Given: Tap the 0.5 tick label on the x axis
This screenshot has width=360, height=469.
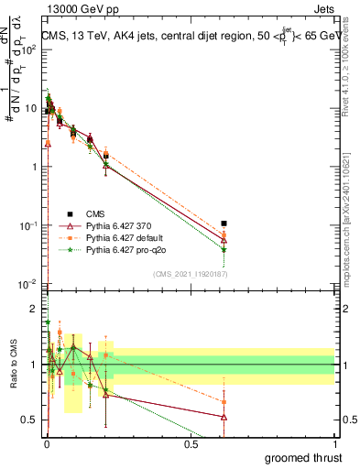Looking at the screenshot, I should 191,444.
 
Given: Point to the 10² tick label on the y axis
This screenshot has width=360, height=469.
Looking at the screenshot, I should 29,49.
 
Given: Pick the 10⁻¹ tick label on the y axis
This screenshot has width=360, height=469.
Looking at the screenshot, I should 29,225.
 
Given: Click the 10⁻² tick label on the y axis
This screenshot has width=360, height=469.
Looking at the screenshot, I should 29,284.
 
